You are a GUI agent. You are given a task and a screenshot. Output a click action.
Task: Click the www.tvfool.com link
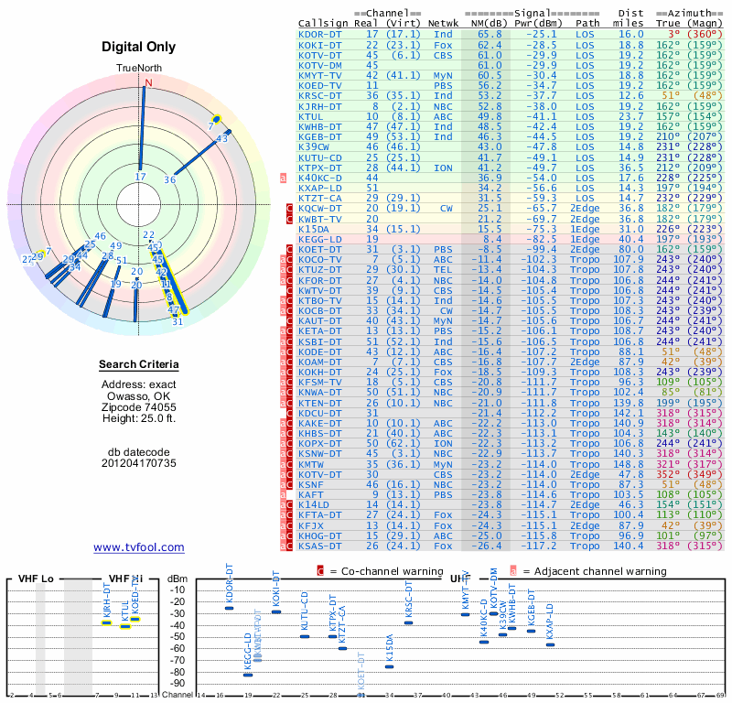tap(139, 547)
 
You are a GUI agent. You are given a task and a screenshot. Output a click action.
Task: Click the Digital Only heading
tap(139, 47)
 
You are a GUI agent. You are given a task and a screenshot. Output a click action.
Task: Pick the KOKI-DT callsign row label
tap(319, 45)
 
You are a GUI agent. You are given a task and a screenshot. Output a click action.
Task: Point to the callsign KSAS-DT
tap(319, 546)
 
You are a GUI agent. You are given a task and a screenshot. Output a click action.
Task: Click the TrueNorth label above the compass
tap(139, 69)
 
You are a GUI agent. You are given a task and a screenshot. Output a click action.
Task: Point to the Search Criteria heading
tap(139, 365)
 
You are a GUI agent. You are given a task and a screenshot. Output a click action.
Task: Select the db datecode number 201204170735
tap(139, 463)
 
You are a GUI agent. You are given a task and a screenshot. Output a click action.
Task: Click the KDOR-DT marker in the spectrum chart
tap(229, 608)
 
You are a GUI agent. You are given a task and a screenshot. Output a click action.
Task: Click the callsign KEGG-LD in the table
tap(319, 239)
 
